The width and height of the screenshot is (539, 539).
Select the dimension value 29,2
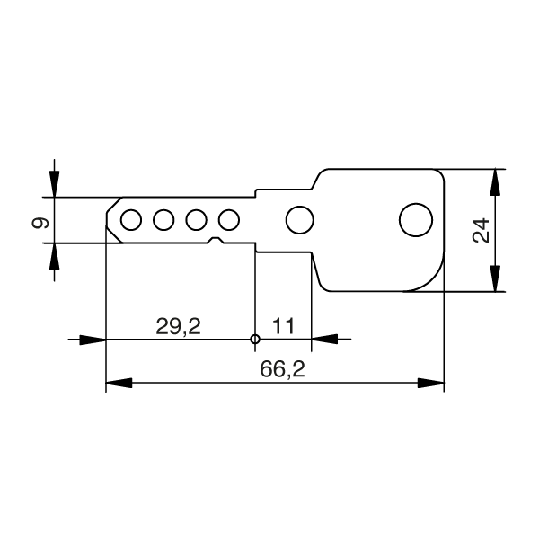tap(178, 325)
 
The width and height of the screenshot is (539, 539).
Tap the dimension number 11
tap(284, 325)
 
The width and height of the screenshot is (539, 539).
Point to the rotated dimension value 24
tap(481, 230)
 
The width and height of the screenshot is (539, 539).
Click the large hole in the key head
tap(415, 219)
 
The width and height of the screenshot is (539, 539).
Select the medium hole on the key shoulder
tap(298, 219)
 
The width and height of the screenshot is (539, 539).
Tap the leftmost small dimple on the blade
tap(131, 219)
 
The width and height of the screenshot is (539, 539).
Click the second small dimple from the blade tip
tap(163, 219)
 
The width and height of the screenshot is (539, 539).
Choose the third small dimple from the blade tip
tap(197, 219)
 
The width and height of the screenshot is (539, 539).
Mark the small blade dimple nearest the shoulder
tap(229, 219)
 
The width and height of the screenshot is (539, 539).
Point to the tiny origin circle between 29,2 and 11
tap(255, 340)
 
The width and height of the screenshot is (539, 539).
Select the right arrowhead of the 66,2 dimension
tap(432, 384)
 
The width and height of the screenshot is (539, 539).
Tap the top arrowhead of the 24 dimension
tap(494, 181)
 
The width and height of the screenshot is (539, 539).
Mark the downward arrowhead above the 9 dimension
tap(55, 185)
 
